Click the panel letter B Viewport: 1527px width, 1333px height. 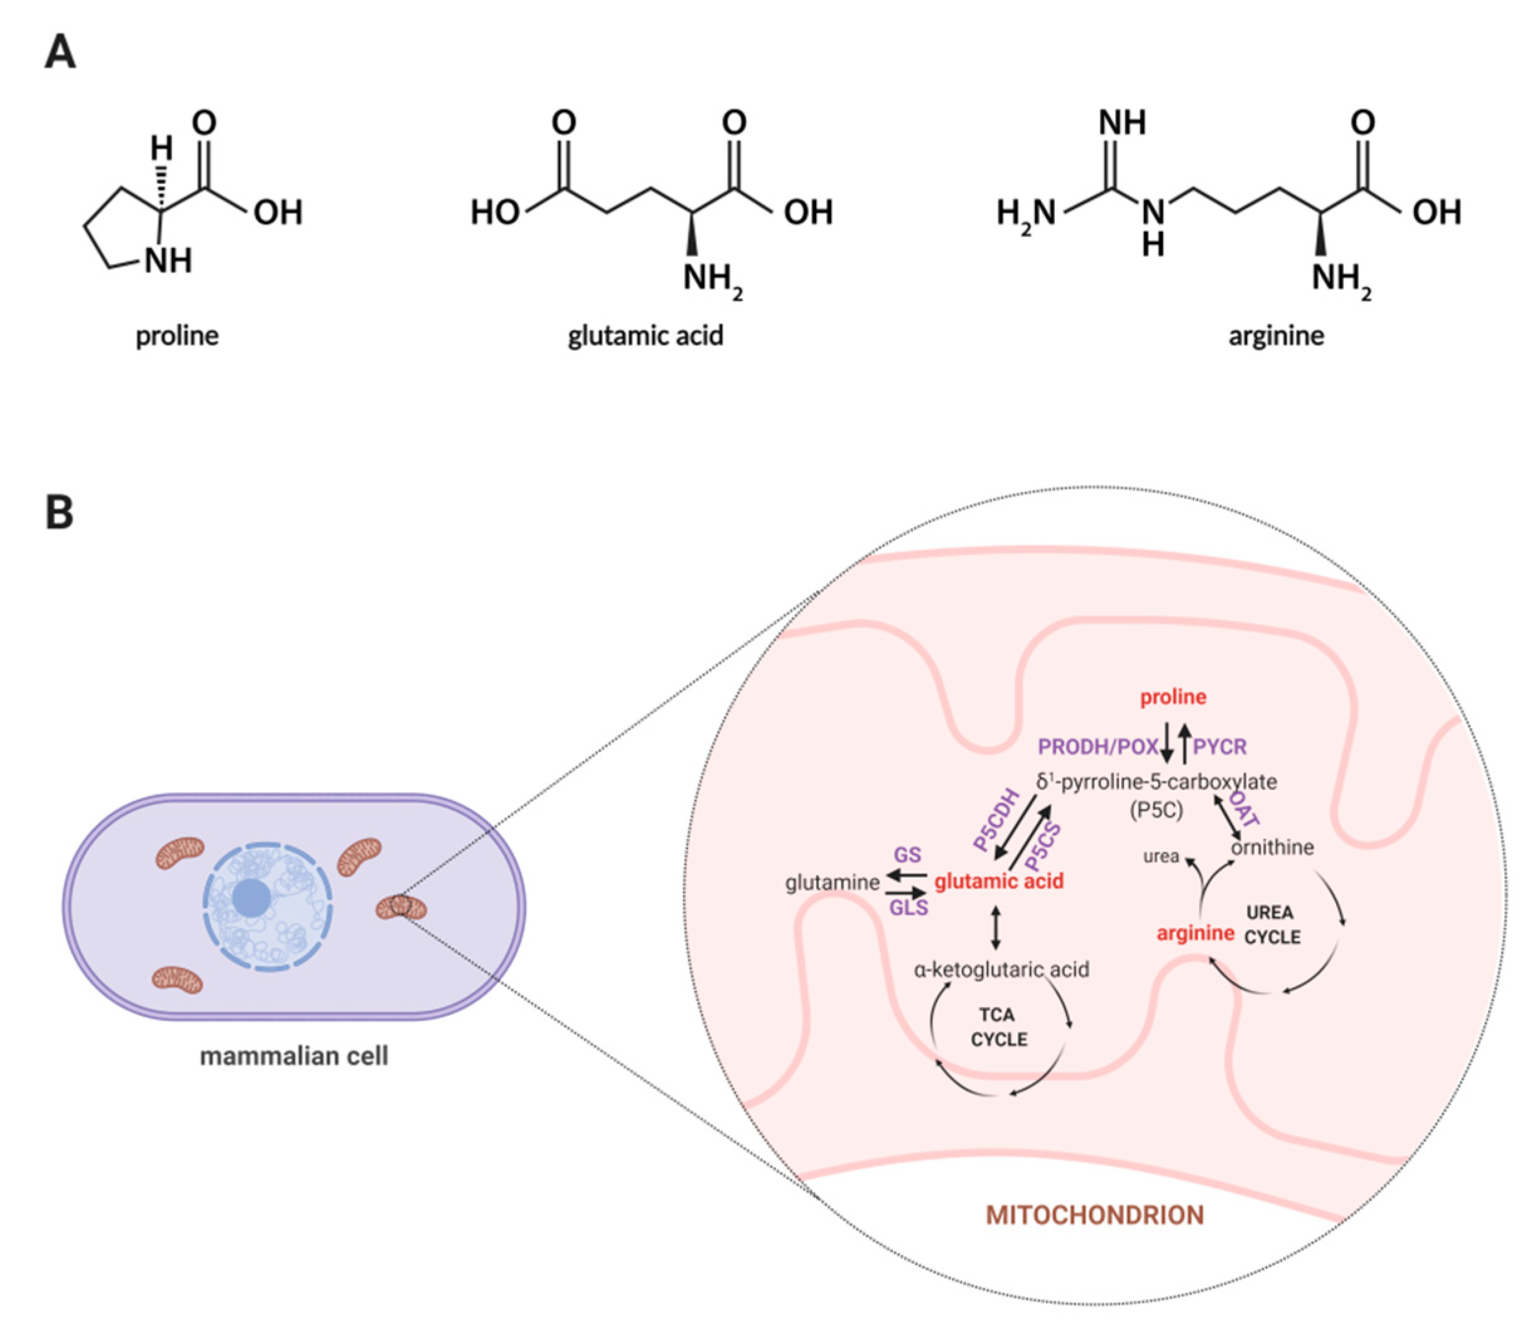point(60,512)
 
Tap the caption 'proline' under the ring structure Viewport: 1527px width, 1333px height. point(177,336)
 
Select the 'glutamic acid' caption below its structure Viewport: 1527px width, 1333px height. point(645,335)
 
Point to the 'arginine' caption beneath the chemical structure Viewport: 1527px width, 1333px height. point(1276,335)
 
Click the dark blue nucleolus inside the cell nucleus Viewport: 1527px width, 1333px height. point(251,898)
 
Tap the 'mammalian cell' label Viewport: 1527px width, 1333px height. point(294,1055)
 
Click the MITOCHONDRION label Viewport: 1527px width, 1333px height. point(1094,1216)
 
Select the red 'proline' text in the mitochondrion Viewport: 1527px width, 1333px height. point(1173,697)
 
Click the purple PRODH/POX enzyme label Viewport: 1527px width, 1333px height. point(1098,746)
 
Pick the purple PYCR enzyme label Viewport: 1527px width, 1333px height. point(1220,746)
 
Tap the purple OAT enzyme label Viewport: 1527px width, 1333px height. point(1244,809)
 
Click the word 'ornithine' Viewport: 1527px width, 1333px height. point(1272,847)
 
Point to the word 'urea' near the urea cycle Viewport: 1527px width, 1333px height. point(1160,856)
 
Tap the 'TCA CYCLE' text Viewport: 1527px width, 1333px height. point(998,1027)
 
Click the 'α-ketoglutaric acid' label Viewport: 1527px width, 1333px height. point(1001,969)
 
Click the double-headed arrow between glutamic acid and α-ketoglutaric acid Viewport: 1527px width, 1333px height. point(996,927)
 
